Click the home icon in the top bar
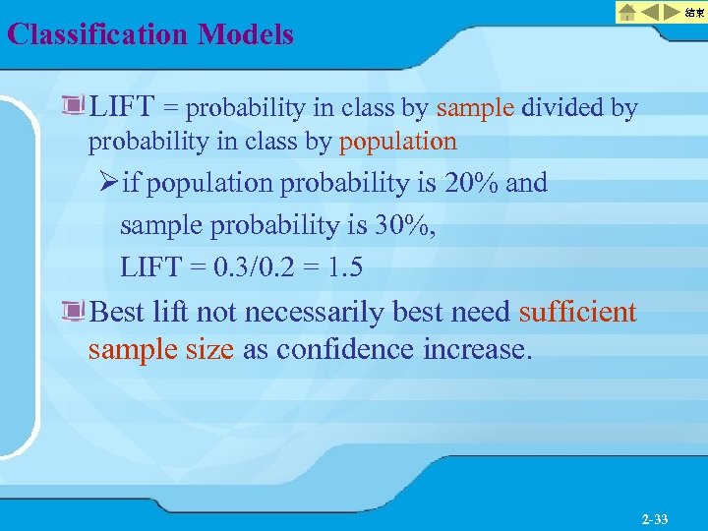click(x=626, y=12)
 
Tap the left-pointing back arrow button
click(x=651, y=12)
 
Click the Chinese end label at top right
click(x=695, y=12)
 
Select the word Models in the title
click(x=246, y=35)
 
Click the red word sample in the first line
click(x=475, y=107)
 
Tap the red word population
click(x=397, y=142)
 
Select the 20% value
click(x=469, y=183)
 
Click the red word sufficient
click(x=577, y=313)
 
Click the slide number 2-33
click(x=654, y=518)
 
